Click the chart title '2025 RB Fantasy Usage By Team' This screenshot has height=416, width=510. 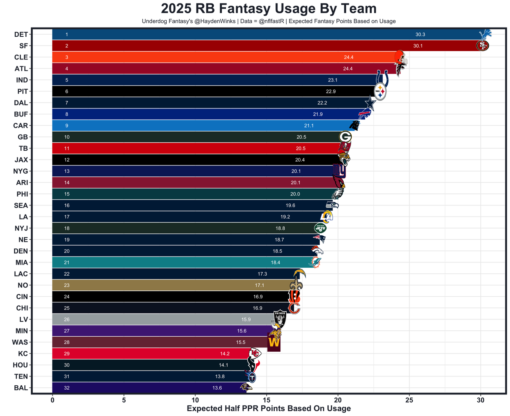268,9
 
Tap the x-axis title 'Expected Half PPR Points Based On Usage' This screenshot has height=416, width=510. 269,408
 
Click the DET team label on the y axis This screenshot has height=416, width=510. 21,35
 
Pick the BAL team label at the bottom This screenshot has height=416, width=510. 21,388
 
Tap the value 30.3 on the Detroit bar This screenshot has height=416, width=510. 420,35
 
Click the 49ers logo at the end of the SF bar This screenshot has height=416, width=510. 482,46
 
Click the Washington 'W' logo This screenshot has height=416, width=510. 274,343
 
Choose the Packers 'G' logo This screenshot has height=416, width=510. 345,137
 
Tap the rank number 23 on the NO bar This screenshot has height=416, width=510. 67,285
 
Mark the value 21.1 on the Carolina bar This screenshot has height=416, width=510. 309,126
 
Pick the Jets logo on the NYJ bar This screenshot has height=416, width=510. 320,228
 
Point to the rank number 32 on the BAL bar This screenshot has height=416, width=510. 67,388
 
